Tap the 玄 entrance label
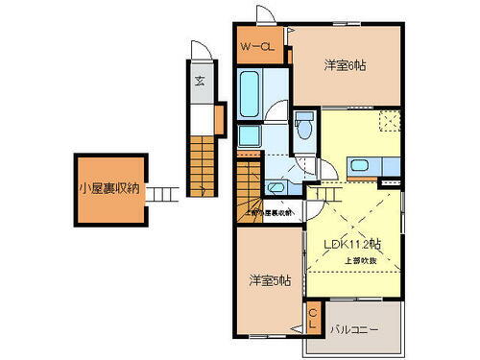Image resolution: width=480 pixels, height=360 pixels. coord(201,81)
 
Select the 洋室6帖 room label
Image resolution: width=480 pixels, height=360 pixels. coord(346,65)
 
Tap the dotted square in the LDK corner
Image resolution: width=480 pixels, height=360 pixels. coord(390,121)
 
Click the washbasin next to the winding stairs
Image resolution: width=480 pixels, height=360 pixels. coord(277,186)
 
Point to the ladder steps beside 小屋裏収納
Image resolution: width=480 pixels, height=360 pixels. coord(162,192)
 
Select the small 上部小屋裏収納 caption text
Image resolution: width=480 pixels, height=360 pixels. coord(269,212)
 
